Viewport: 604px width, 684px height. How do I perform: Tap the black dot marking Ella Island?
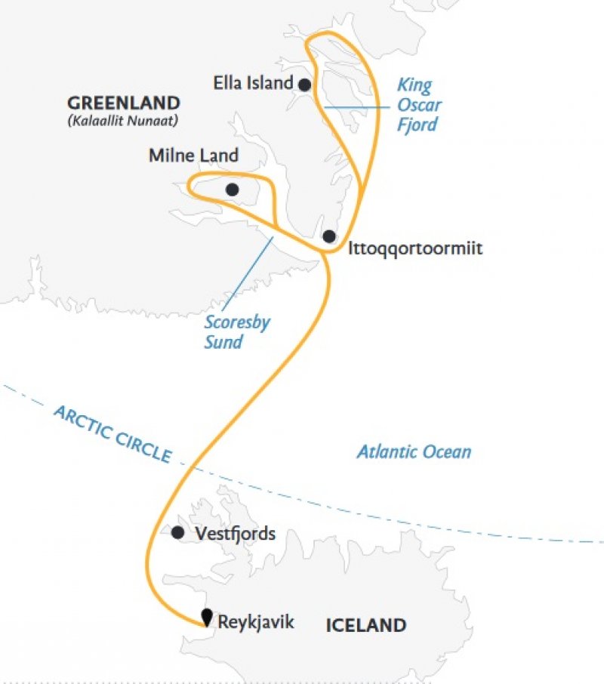pos(304,85)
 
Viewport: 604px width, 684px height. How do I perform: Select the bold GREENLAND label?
pos(124,103)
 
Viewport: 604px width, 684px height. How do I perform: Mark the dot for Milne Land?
pos(233,189)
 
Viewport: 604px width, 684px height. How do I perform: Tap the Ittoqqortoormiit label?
pos(414,248)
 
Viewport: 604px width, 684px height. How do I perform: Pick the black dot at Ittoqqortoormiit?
pos(329,236)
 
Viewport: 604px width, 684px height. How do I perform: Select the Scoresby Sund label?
pos(237,332)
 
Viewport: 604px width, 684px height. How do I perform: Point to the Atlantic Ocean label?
pos(414,452)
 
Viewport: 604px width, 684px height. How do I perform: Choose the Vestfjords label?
pos(235,534)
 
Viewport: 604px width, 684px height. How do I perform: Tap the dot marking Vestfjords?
pos(177,533)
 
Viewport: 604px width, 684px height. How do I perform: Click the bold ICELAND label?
pos(366,625)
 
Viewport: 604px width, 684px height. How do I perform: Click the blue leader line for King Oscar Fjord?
pos(356,108)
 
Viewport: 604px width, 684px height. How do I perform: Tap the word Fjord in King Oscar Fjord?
pos(418,124)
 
